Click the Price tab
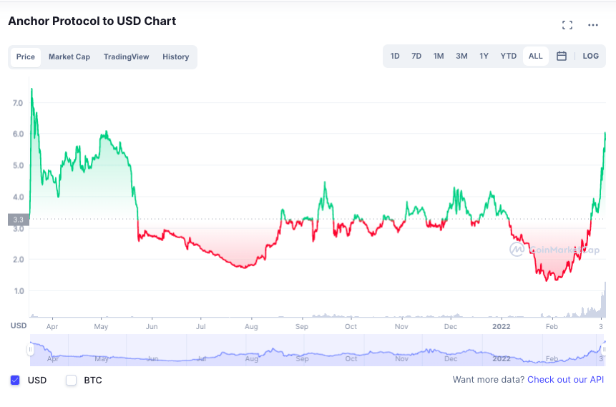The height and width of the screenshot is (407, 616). click(x=26, y=57)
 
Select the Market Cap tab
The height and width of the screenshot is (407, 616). click(x=69, y=57)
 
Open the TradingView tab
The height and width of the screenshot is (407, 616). click(x=126, y=57)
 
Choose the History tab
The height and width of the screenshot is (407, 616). click(x=175, y=57)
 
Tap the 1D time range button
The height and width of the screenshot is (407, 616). click(x=395, y=57)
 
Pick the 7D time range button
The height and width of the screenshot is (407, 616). click(x=416, y=57)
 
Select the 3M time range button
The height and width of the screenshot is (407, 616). click(x=461, y=57)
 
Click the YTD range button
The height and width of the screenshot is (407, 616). click(x=509, y=57)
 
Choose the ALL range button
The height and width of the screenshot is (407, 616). click(x=535, y=57)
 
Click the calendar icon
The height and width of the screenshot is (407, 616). click(x=562, y=57)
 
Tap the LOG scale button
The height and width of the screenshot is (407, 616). click(x=590, y=57)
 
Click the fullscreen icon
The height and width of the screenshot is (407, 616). click(x=567, y=25)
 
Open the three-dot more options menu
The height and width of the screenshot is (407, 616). click(x=593, y=25)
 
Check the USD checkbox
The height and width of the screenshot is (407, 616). click(x=15, y=380)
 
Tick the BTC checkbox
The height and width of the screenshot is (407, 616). click(x=71, y=380)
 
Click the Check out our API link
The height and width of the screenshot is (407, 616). click(x=565, y=380)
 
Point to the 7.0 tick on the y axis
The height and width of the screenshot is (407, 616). click(x=18, y=103)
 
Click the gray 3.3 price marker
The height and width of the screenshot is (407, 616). click(x=19, y=220)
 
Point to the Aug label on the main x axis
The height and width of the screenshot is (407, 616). click(x=251, y=326)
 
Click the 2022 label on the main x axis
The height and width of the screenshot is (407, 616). click(x=502, y=326)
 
